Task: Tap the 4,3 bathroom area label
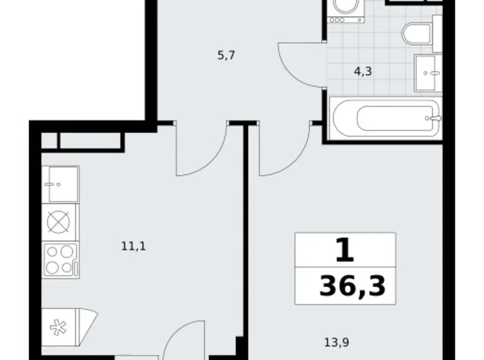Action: (363, 71)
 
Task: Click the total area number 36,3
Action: (352, 287)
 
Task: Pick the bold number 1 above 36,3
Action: (346, 251)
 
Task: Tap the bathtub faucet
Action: (435, 117)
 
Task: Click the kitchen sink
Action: (60, 184)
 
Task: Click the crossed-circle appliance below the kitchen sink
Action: (60, 222)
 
